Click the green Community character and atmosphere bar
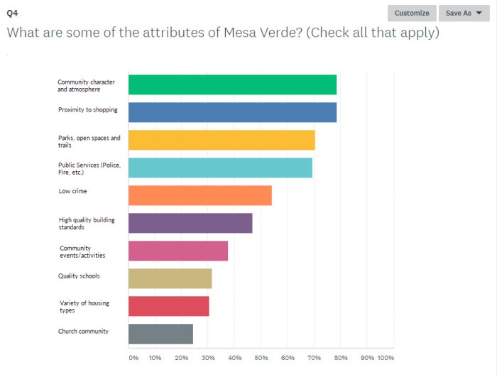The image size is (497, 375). tap(232, 85)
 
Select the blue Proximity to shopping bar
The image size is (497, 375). tap(232, 112)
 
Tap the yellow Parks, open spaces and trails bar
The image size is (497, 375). tap(222, 140)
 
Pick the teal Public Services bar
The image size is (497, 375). tap(220, 168)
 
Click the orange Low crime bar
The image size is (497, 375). tap(200, 195)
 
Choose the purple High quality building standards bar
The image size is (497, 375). tap(190, 223)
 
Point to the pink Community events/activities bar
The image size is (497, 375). tap(178, 251)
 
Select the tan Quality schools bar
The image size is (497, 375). tap(170, 278)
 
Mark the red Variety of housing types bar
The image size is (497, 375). tap(168, 306)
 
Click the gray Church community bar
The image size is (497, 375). tap(160, 334)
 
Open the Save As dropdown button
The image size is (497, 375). tap(464, 13)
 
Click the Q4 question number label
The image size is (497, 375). tap(12, 12)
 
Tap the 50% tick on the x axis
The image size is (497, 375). tap(261, 358)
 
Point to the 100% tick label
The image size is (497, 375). tap(386, 358)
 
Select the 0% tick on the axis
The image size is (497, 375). tap(133, 358)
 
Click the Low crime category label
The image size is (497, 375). tap(73, 191)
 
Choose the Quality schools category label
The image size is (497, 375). tap(79, 276)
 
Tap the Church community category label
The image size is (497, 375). tap(83, 331)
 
